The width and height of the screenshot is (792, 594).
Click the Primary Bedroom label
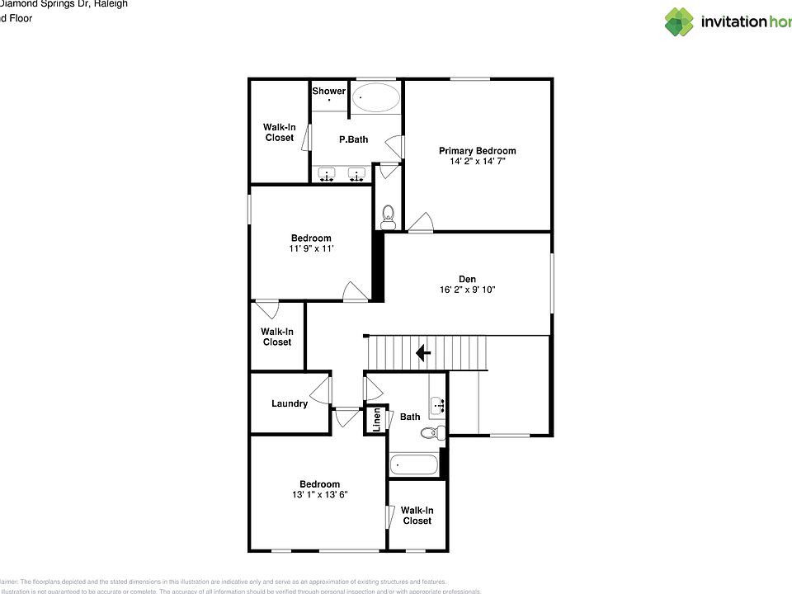pos(477,150)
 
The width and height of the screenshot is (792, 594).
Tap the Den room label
pos(467,279)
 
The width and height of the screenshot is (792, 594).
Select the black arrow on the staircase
pos(422,354)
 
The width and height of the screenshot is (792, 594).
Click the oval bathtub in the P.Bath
pos(376,100)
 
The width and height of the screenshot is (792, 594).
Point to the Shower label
pos(328,91)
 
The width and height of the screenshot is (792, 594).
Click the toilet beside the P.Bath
pos(389,216)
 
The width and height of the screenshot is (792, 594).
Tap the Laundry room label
pos(289,403)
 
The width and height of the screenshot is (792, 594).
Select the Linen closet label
pos(377,420)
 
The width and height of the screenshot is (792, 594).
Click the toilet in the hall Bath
pos(431,432)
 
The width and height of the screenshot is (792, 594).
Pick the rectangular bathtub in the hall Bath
pos(414,465)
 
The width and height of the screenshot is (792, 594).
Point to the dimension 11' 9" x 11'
pos(310,249)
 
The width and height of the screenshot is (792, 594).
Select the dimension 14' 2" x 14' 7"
pos(477,162)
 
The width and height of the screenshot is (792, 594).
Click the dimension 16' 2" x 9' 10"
pos(467,290)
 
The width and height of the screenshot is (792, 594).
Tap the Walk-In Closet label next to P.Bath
pos(279,132)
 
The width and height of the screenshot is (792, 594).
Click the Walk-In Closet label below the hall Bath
pos(417,516)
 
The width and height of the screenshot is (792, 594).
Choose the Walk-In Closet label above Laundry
pos(276,337)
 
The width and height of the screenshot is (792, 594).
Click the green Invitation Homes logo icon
pos(679,22)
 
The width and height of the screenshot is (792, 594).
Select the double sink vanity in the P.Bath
pos(342,175)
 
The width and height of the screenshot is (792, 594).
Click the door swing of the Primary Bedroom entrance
pos(422,222)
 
